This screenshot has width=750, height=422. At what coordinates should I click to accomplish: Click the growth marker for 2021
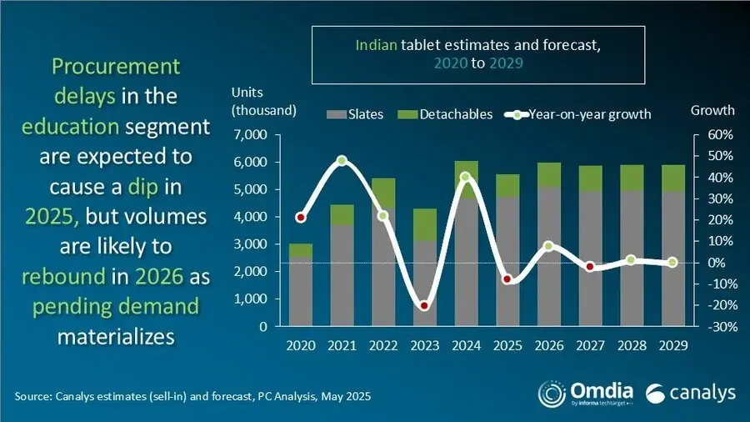tap(342, 160)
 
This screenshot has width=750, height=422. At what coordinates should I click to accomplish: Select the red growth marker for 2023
tap(424, 306)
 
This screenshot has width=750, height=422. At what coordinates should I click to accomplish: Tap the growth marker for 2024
tap(465, 177)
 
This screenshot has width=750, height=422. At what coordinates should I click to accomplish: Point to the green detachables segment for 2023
tap(424, 224)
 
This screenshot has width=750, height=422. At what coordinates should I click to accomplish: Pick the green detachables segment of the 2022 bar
tap(383, 193)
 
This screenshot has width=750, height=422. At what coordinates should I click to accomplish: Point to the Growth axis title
tap(712, 110)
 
